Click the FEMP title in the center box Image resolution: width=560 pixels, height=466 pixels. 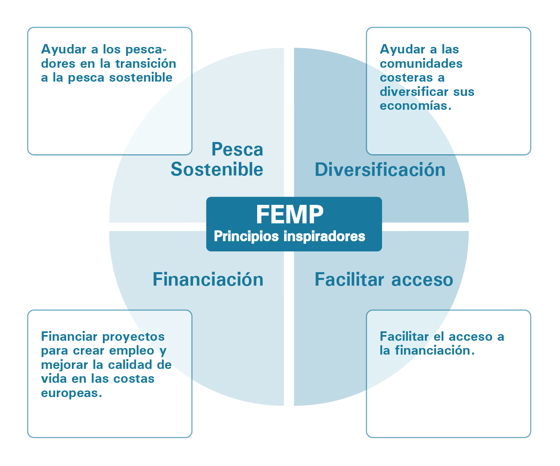pos(290,214)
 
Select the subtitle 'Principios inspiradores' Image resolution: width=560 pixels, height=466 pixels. pos(289,236)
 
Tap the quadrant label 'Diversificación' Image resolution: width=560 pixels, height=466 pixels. pos(380,170)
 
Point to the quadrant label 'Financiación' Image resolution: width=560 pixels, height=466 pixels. pos(208,280)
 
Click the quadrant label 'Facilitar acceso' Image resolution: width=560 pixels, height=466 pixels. pos(384,280)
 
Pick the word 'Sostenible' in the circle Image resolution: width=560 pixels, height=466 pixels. pos(217,169)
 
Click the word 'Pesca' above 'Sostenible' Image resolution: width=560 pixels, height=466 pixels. pos(237,149)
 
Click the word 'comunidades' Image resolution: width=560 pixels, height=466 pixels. pos(421,64)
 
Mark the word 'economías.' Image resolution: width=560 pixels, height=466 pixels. pos(416,106)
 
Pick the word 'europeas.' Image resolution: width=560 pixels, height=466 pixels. pos(71,393)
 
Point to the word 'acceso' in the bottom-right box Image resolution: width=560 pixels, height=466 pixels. pos(470,337)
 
